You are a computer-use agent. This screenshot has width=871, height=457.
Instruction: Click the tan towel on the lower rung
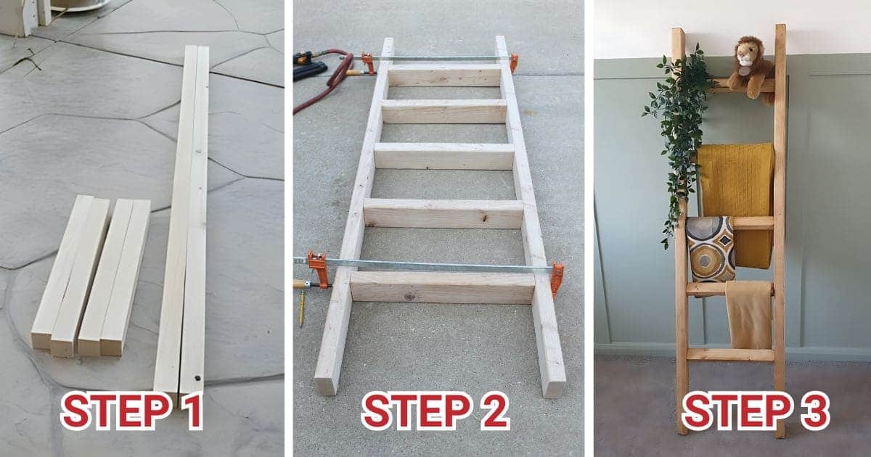tap(749, 316)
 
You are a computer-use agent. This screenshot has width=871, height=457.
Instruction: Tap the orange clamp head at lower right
tap(557, 279)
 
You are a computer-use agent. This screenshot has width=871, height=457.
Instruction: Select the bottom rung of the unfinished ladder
tap(442, 287)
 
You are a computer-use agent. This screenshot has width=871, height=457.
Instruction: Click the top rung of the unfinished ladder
tap(444, 76)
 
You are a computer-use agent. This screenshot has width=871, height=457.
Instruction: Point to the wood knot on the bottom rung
tap(410, 296)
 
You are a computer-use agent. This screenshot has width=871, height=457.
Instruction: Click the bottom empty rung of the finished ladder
tap(730, 355)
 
